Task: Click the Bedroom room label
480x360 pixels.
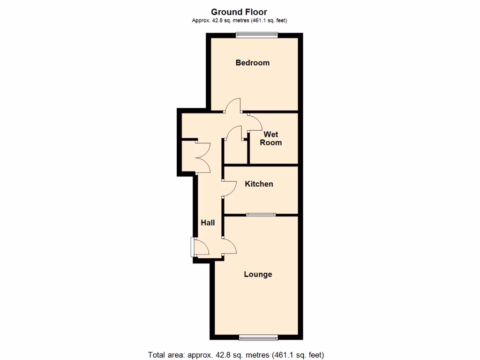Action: [252, 63]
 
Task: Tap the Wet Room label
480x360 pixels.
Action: [271, 138]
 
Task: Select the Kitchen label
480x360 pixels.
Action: [259, 184]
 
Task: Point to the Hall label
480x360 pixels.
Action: [208, 222]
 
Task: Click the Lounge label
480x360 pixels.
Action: [258, 274]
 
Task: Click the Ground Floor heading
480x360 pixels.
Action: [239, 12]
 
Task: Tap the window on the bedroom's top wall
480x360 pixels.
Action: [256, 34]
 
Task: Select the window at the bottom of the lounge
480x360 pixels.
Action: [258, 337]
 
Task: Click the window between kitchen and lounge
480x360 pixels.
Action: [261, 215]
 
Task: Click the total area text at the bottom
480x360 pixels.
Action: [236, 355]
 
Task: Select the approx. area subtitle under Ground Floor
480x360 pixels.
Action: [239, 20]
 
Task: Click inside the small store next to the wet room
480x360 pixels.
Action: [235, 152]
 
